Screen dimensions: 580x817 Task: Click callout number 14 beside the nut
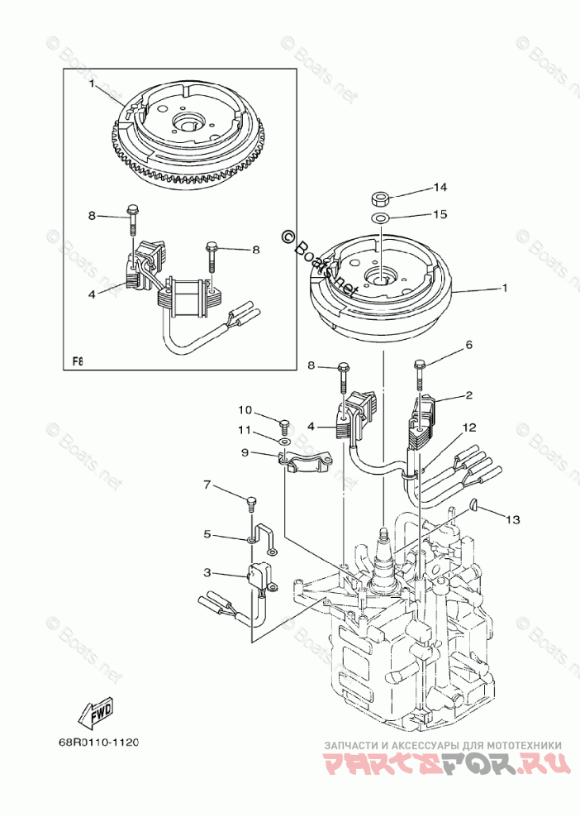click(441, 187)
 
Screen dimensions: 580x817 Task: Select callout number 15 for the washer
click(441, 214)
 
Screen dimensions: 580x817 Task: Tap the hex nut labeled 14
click(381, 199)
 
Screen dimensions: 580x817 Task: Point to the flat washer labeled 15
click(381, 217)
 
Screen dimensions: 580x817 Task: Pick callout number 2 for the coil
click(468, 396)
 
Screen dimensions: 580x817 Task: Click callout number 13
click(513, 520)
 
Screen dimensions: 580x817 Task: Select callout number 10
click(245, 410)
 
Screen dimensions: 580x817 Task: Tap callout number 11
click(245, 431)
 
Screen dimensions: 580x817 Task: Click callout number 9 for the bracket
click(245, 452)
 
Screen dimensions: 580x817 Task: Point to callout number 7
click(207, 484)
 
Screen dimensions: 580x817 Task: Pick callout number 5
click(207, 535)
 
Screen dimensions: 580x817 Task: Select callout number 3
click(207, 571)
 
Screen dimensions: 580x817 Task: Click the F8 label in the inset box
click(78, 361)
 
